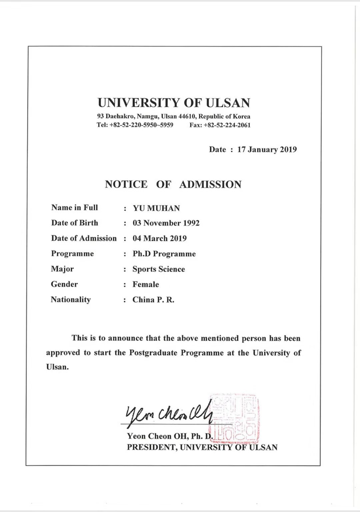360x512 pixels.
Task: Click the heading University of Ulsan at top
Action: [x=174, y=103]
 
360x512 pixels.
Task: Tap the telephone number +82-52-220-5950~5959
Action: [x=141, y=125]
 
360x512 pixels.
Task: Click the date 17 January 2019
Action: [x=267, y=149]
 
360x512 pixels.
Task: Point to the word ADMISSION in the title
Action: [x=210, y=184]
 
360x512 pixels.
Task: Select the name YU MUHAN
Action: [x=156, y=208]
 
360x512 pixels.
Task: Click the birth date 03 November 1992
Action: [x=166, y=223]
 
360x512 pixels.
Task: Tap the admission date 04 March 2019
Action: [x=160, y=238]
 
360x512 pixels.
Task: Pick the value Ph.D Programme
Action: [x=164, y=254]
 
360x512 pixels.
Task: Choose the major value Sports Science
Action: [x=159, y=269]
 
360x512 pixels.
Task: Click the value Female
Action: [x=146, y=284]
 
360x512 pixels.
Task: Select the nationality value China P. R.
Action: [x=153, y=300]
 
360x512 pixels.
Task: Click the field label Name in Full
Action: [x=75, y=208]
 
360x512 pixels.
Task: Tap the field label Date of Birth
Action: [x=75, y=223]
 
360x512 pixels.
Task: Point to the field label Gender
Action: [x=64, y=284]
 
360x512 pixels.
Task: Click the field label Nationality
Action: [x=71, y=299]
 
